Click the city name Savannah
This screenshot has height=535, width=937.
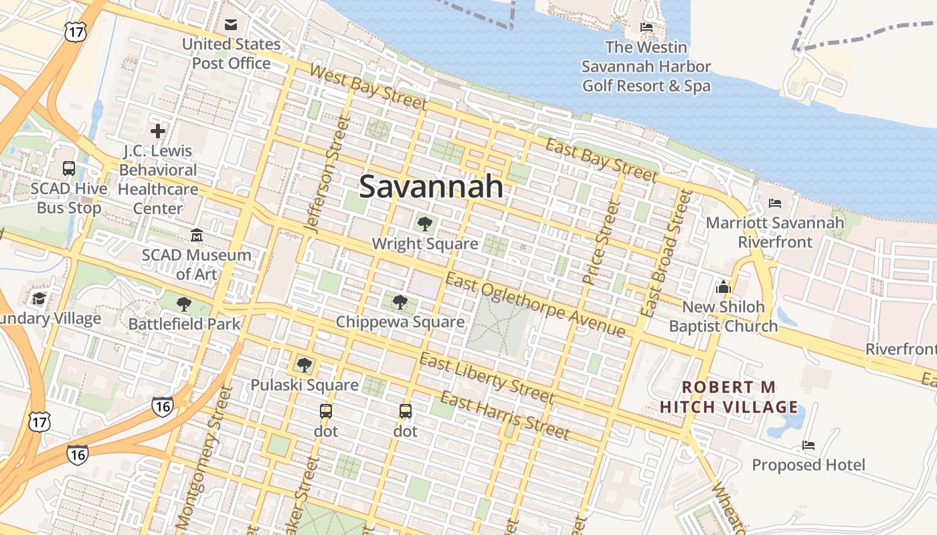tap(431, 187)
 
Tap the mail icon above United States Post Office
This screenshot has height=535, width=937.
tap(231, 25)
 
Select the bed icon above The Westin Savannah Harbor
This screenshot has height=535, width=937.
tap(647, 27)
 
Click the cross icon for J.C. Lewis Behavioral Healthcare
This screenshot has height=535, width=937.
tap(158, 131)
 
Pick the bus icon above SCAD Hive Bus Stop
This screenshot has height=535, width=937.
tap(69, 169)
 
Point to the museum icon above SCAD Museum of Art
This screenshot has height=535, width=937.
tap(197, 235)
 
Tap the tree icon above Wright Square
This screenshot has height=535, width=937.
tap(424, 224)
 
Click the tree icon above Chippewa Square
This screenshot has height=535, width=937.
tap(400, 302)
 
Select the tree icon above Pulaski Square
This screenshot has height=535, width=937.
tap(305, 365)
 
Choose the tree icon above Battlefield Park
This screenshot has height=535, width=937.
tap(184, 305)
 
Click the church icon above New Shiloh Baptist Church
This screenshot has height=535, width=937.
tap(723, 287)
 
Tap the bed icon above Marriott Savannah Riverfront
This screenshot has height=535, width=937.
tap(775, 203)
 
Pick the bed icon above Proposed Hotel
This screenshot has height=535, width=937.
tap(808, 445)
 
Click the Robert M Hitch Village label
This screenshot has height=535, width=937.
tap(728, 397)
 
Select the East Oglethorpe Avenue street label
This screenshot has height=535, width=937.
tap(535, 305)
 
